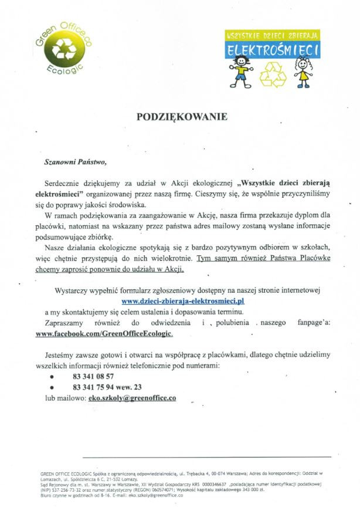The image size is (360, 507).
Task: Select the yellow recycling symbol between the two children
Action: tap(273, 75)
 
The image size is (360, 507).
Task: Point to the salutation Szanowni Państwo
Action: tap(77, 160)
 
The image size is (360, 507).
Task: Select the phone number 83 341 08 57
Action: tap(93, 376)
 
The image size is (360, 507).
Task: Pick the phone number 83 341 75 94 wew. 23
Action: tap(107, 387)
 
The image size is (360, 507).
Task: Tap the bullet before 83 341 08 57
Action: tap(52, 377)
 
